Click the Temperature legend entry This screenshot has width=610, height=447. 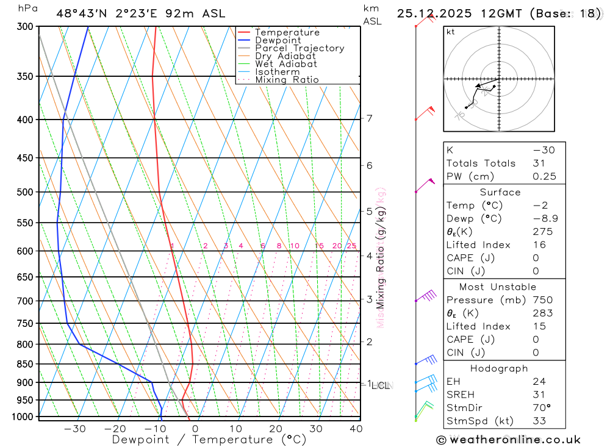(287, 32)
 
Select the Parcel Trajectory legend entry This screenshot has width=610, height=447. (300, 48)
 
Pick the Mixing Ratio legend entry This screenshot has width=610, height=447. (287, 79)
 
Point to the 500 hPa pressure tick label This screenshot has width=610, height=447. (26, 192)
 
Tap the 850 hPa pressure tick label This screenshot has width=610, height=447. (26, 364)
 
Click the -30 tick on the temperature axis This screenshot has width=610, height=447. (74, 429)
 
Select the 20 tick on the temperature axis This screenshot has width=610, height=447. (276, 429)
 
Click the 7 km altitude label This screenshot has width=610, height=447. (370, 118)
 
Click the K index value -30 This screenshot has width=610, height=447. (543, 150)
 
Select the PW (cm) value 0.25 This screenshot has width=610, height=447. (543, 177)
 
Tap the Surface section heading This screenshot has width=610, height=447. (500, 192)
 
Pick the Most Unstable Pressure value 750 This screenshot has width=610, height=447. (542, 300)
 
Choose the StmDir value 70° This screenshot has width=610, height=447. (541, 407)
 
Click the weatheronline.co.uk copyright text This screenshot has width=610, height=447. (508, 440)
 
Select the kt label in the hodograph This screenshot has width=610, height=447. (451, 32)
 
